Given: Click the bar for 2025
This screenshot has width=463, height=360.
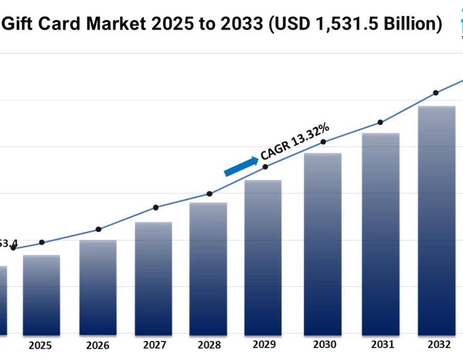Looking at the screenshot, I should (42, 295).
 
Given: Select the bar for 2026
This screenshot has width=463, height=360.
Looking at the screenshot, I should (98, 287).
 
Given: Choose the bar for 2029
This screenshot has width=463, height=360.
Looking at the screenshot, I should (263, 258).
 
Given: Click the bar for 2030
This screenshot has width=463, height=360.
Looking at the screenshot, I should (323, 244).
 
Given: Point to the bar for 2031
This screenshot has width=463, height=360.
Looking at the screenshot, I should (381, 234).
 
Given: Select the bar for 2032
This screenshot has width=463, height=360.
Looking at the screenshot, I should (437, 221).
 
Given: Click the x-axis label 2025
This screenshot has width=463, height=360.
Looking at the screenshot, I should (40, 345).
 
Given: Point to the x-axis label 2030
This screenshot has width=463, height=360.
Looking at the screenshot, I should (324, 344).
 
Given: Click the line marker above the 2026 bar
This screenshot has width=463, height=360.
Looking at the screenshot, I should (99, 229).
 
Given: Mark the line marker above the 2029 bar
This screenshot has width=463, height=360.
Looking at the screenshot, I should (265, 167).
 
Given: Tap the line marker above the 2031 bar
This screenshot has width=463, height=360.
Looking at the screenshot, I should (380, 122).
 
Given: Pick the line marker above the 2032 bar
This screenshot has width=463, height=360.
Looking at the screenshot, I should (436, 93).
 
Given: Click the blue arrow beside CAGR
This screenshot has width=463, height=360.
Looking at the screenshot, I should (241, 167).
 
